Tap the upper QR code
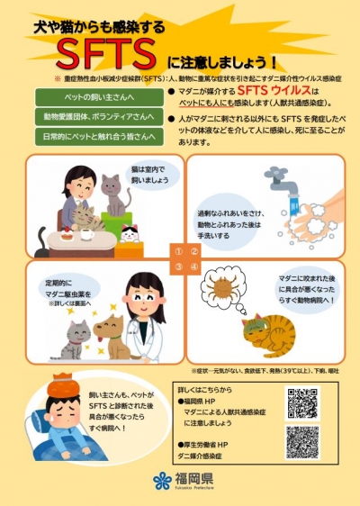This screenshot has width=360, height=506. coord(302,402)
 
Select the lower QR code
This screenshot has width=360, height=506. coord(302,440)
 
